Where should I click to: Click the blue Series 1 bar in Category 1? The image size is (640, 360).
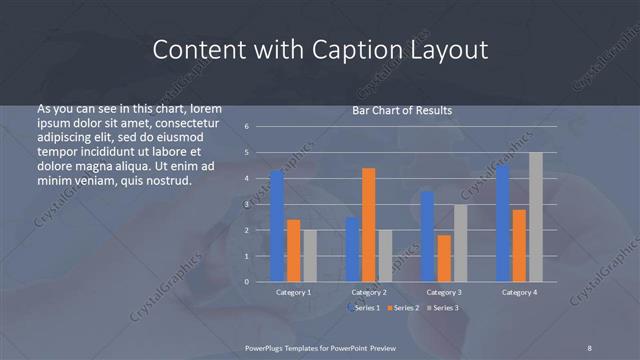pos(277,226)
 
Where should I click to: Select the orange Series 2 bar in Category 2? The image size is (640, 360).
pos(369,224)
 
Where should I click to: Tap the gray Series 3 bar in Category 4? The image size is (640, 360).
pos(536,216)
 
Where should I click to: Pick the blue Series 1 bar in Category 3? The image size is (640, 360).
pos(427,236)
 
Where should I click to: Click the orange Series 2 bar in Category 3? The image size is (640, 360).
pos(444,258)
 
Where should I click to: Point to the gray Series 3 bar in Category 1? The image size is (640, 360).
pos(309,255)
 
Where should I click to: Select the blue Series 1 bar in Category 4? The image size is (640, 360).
pos(502,223)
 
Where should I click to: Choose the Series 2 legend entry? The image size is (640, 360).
pos(404,308)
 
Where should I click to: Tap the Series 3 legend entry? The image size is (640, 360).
pos(444,308)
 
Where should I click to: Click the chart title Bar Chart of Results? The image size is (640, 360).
pos(402,110)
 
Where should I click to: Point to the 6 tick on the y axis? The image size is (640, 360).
pos(246,127)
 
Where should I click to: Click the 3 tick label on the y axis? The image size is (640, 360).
pos(246,204)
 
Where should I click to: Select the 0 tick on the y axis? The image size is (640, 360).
pos(246,281)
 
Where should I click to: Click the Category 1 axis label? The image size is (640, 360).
pos(293,292)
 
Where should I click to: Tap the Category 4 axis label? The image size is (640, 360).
pos(519,292)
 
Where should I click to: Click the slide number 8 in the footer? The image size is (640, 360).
pos(589,347)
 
